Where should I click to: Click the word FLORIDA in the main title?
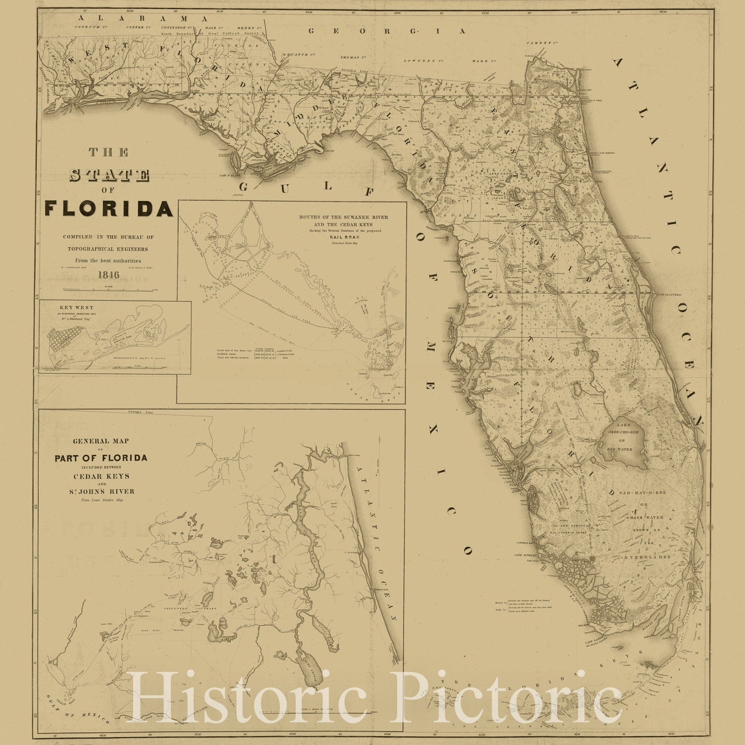click(x=109, y=208)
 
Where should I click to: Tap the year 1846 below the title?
click(x=108, y=275)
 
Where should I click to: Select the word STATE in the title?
click(x=109, y=176)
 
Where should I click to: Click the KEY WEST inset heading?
click(x=77, y=308)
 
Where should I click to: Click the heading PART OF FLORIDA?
click(x=101, y=458)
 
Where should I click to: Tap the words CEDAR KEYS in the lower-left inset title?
click(x=101, y=476)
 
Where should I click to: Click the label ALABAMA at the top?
click(x=143, y=18)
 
